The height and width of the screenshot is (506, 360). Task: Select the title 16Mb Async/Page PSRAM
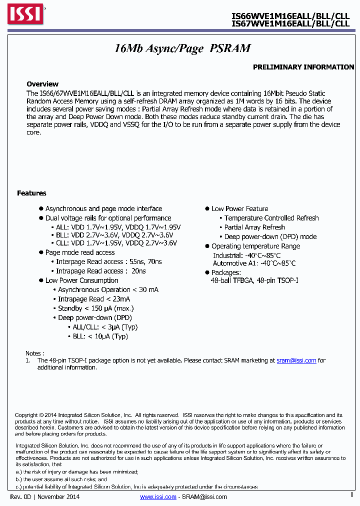point(182,48)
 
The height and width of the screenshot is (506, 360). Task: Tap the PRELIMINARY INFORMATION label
point(303,67)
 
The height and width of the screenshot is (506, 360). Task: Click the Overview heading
point(42,84)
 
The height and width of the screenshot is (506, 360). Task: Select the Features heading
point(31,193)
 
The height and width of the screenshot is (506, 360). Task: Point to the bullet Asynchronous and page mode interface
point(103,208)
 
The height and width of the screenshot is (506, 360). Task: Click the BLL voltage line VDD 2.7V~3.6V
point(114,235)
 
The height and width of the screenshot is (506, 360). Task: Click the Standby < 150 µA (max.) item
point(95,308)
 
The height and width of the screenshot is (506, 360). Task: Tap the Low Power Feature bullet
point(239,208)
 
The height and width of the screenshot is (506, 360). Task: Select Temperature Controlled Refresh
point(271,218)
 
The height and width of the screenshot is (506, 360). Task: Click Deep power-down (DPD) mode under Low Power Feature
point(270,236)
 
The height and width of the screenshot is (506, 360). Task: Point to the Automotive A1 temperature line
point(254,263)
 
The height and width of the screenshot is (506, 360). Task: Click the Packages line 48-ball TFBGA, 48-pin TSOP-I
point(254,281)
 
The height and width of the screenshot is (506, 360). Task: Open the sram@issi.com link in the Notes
point(296,360)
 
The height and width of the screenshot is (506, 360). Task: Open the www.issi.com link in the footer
point(158,496)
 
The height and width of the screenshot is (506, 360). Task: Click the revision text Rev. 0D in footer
point(20,496)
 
